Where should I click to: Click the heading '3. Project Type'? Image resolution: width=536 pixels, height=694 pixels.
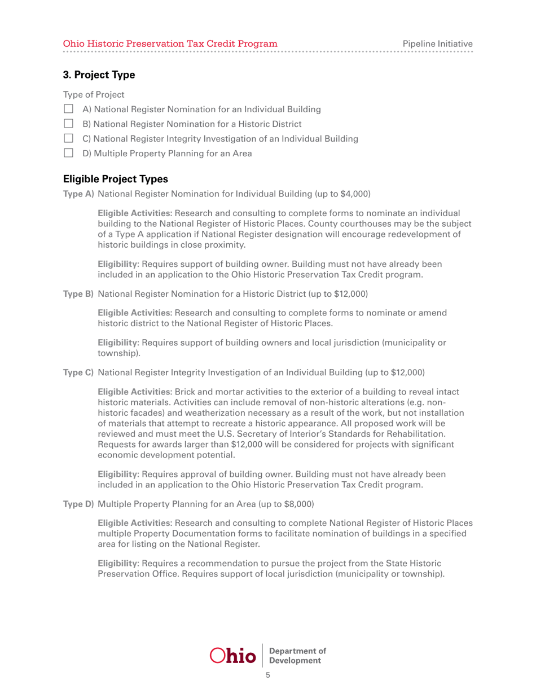(x=99, y=74)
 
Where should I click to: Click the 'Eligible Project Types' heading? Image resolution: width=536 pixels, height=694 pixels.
(x=116, y=179)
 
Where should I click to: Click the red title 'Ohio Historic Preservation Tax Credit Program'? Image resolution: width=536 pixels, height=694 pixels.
(x=170, y=43)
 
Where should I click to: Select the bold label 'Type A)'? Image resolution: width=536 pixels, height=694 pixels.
(x=78, y=194)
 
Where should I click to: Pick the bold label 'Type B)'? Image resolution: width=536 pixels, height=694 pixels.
(x=78, y=295)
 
